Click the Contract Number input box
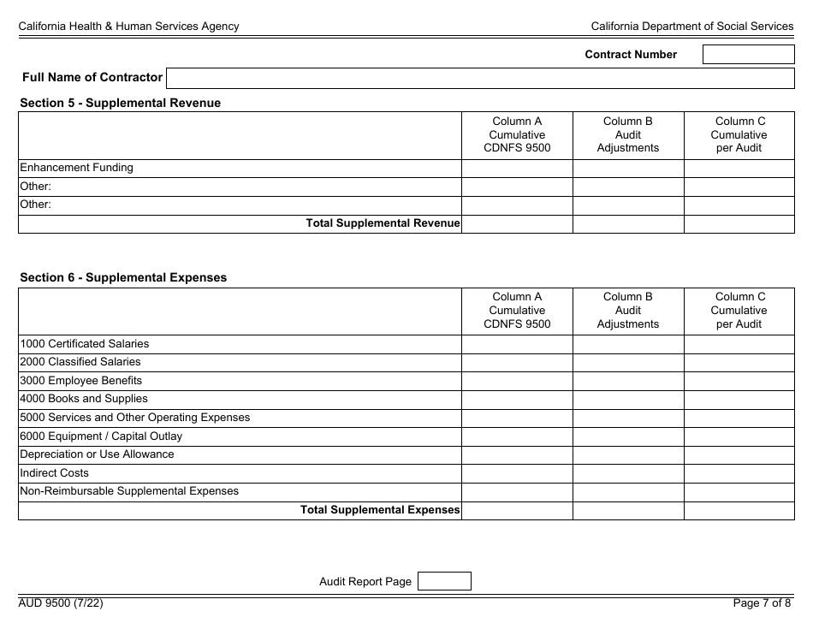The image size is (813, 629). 748,55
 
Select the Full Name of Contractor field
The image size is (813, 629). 479,78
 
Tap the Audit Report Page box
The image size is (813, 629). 443,581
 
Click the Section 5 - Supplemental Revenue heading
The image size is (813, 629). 120,103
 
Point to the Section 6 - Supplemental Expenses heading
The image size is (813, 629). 123,277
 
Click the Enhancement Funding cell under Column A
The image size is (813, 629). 517,168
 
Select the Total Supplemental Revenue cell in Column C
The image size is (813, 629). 739,223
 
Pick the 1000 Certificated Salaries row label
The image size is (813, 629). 84,344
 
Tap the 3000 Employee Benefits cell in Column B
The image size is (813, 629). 627,381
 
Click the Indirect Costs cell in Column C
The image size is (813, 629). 739,473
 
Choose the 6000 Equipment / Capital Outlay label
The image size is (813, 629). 101,436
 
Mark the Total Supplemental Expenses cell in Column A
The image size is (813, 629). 517,510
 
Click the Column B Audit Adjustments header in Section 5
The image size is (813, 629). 627,135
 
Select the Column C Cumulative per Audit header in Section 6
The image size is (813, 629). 739,311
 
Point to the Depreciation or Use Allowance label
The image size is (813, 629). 97,454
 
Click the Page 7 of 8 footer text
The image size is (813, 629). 762,603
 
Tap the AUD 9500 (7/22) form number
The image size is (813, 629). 61,603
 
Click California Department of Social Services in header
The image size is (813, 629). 691,27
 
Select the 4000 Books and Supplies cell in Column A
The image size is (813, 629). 517,399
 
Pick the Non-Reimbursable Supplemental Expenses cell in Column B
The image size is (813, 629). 627,491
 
